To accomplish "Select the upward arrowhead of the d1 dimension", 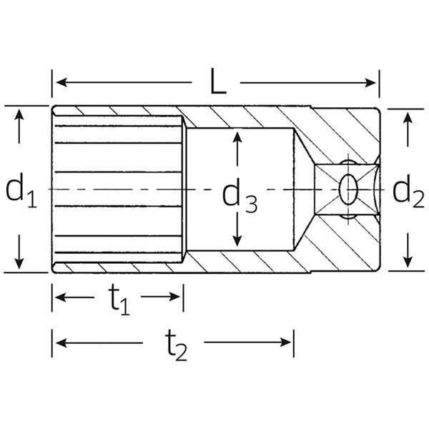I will click(x=20, y=114).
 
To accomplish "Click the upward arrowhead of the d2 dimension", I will click(x=408, y=118).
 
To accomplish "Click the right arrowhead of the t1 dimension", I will click(x=178, y=297).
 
